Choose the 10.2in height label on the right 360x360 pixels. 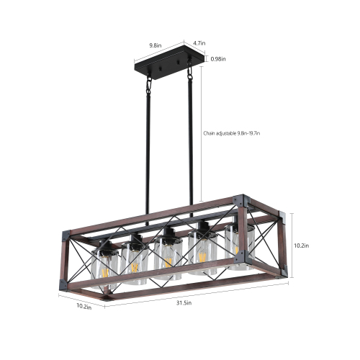pyautogui.click(x=301, y=245)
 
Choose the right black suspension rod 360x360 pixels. pyautogui.click(x=191, y=144)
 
